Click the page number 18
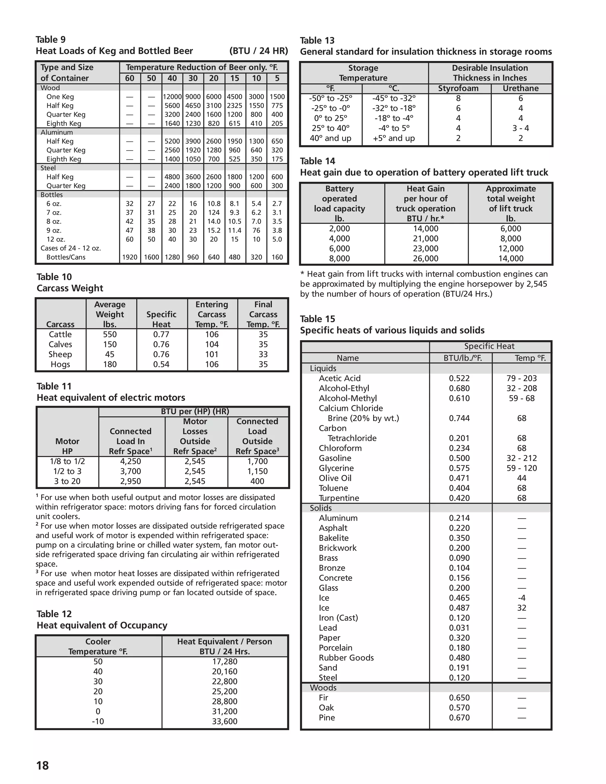pos(42,765)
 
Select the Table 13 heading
pos(317,41)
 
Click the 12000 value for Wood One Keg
pos(172,96)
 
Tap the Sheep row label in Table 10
pos(60,354)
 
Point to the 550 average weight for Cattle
pos(110,334)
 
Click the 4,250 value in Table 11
pos(130,461)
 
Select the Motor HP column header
pos(67,446)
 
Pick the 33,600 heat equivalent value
pos(224,721)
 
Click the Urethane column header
pos(520,88)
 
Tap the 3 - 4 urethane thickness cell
pos(520,128)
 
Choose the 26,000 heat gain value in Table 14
pos(426,259)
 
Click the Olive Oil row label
pos(335,478)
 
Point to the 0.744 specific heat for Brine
pos(459,418)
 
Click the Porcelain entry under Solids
pos(335,648)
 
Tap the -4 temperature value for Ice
pos(521,598)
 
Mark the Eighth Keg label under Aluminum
pos(64,159)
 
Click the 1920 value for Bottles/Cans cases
pos(130,257)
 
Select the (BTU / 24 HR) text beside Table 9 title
pos(259,51)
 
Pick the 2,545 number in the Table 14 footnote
pos(534,284)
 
